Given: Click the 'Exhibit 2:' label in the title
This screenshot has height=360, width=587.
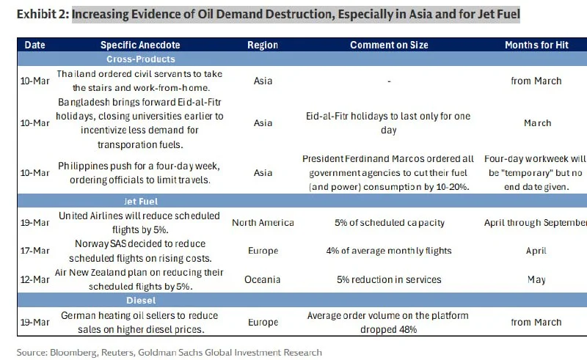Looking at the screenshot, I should click(43, 15).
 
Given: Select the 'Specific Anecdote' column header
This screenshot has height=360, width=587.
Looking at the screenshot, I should click(140, 45).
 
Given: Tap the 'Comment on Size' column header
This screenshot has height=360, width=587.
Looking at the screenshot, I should click(389, 45).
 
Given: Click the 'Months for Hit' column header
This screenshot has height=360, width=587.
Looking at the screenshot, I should click(536, 45).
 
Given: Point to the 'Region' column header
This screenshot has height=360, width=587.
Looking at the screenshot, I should click(262, 45).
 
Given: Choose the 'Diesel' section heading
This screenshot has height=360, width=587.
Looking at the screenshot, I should click(139, 300).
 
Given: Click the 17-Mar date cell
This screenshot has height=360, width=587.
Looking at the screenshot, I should click(34, 251).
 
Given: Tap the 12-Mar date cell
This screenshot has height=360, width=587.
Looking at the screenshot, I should click(34, 279).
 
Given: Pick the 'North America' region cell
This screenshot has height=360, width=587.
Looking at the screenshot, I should click(263, 223).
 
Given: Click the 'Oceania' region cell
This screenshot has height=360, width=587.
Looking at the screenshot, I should click(263, 279).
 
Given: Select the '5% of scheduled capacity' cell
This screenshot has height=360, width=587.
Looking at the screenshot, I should click(389, 223).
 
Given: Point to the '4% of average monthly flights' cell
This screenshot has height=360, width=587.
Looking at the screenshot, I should click(389, 251).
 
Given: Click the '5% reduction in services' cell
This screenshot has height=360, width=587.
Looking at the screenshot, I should click(389, 279).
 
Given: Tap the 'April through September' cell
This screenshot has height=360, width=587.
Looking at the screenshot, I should click(536, 223).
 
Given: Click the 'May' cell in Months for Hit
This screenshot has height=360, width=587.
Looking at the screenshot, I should click(536, 279).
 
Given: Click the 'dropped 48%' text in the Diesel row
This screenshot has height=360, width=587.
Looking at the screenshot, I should click(389, 330).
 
